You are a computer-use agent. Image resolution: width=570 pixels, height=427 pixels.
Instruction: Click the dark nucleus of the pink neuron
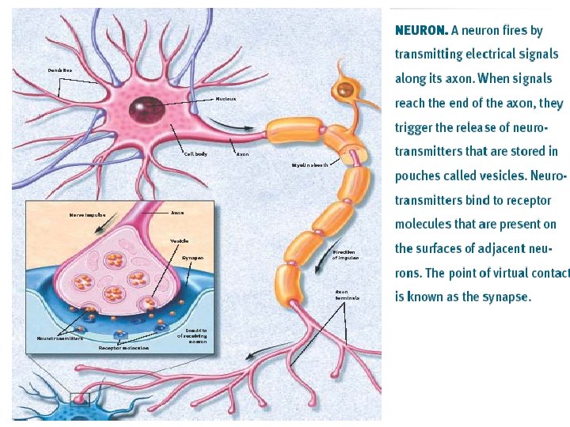(146, 107)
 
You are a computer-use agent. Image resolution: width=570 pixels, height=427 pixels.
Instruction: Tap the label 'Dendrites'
(59, 70)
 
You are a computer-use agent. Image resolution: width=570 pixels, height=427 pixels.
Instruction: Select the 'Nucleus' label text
(226, 99)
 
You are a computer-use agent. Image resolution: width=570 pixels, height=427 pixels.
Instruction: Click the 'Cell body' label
(196, 153)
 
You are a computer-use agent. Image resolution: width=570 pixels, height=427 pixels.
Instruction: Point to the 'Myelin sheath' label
(309, 165)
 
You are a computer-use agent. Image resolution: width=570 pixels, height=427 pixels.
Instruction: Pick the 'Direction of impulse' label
(345, 255)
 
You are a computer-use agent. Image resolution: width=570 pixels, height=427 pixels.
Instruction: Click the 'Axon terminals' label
(347, 295)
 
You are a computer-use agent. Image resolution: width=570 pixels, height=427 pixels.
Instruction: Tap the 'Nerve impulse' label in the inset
(87, 214)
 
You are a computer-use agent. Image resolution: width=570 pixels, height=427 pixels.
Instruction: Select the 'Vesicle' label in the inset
(179, 240)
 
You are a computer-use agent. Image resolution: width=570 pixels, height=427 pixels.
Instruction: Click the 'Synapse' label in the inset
(192, 258)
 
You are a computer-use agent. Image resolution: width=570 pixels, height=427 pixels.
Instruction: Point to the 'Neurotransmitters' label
(60, 338)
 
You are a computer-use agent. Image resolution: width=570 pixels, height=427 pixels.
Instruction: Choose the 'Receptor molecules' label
(123, 348)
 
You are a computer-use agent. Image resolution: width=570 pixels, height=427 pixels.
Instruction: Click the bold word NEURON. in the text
(421, 31)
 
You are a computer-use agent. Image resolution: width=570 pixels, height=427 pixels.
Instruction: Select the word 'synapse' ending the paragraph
(506, 297)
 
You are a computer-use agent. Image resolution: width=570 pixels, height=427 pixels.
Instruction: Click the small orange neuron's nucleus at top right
(344, 89)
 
